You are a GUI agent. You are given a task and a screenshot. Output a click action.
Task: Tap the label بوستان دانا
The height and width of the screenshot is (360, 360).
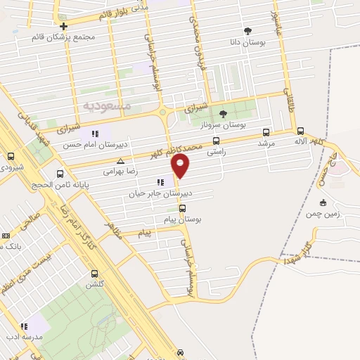247,43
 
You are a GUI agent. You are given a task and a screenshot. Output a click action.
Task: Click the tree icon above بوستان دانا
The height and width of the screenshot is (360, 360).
247,31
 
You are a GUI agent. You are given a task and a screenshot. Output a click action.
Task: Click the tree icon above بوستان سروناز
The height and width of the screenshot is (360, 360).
223,114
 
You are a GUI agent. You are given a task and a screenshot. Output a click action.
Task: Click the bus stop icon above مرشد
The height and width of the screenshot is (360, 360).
266,132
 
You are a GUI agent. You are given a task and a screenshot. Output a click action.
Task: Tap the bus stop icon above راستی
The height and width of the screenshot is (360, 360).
216,141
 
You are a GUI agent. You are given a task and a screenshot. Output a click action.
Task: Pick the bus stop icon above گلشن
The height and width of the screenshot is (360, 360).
95,274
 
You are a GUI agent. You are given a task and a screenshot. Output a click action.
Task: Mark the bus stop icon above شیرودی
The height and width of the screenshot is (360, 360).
11,157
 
